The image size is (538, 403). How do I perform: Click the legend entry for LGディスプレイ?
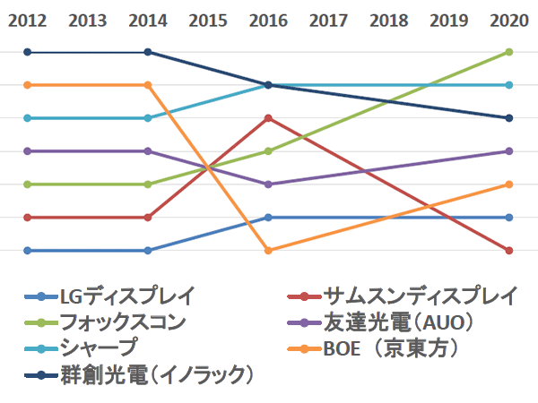(x=126, y=296)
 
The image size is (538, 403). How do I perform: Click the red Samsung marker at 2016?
(x=268, y=118)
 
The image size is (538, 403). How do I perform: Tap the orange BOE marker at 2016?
(x=268, y=251)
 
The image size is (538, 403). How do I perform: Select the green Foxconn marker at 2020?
(x=509, y=52)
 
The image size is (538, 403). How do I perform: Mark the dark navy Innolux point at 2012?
(x=27, y=52)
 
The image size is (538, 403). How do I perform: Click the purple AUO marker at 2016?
(x=268, y=184)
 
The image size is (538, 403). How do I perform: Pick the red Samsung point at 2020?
(x=509, y=251)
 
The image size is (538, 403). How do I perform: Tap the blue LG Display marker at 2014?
(x=148, y=251)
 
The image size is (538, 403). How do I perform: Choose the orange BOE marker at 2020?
(x=509, y=184)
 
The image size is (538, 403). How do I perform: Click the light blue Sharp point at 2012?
(x=27, y=118)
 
